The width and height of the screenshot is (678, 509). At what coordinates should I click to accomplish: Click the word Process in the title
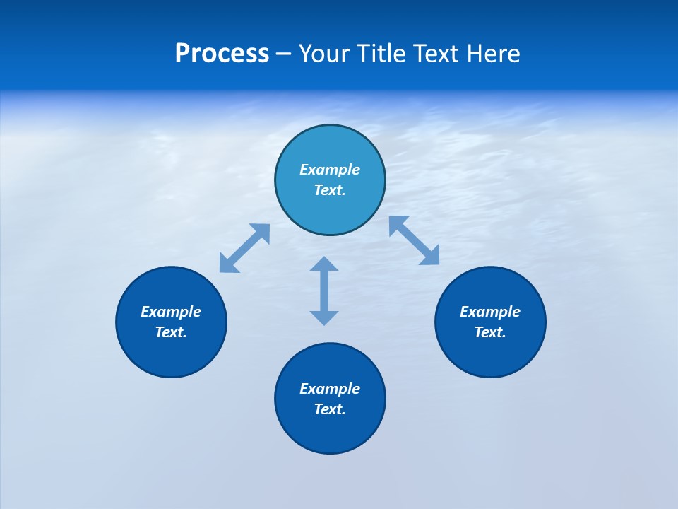click(x=222, y=54)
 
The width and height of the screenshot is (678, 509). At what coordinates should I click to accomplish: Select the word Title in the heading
click(x=381, y=54)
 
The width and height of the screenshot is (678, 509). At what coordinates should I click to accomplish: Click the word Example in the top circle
click(x=330, y=170)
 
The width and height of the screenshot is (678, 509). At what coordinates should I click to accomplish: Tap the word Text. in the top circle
click(x=330, y=191)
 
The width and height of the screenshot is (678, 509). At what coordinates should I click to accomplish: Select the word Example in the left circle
click(x=171, y=312)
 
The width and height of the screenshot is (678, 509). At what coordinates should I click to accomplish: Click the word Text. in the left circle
click(x=171, y=333)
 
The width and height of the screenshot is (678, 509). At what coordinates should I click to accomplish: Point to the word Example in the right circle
click(x=490, y=312)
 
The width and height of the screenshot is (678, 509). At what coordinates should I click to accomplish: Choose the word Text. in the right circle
click(x=490, y=333)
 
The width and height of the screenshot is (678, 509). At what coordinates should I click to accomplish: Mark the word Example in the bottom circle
click(x=330, y=389)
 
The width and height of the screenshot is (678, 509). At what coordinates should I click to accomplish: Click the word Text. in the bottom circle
click(x=330, y=410)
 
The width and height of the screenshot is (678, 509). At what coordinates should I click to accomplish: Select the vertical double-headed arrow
click(x=324, y=291)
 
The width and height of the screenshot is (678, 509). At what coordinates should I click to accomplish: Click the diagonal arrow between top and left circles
click(x=244, y=248)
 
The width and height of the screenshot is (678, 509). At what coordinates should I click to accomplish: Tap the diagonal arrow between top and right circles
click(x=415, y=240)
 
